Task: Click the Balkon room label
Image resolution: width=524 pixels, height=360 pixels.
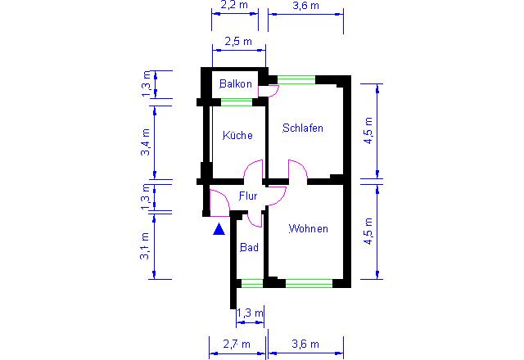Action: tap(236, 83)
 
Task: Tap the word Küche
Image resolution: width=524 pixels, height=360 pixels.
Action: tap(237, 135)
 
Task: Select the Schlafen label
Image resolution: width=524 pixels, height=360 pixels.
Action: tap(303, 128)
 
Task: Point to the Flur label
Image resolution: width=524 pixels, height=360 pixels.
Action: tap(248, 196)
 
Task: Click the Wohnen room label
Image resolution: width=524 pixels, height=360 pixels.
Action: tap(308, 229)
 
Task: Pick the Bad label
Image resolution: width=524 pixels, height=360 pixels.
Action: tap(249, 247)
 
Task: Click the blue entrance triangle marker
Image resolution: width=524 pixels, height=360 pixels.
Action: tap(219, 229)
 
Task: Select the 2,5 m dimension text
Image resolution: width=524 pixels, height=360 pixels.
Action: tap(238, 42)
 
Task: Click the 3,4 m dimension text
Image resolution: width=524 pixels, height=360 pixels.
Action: tap(146, 142)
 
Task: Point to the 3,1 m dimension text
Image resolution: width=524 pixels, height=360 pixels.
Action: tap(145, 246)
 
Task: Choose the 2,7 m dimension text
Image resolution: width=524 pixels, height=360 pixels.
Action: tap(237, 344)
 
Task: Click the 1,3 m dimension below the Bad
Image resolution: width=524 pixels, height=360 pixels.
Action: tap(250, 313)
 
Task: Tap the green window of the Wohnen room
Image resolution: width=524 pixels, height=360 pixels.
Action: tap(309, 284)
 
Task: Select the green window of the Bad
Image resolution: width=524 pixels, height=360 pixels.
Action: tap(252, 284)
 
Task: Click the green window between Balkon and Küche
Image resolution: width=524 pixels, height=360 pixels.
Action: tap(237, 102)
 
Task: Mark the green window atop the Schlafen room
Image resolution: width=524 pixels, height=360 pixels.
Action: tap(296, 79)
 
